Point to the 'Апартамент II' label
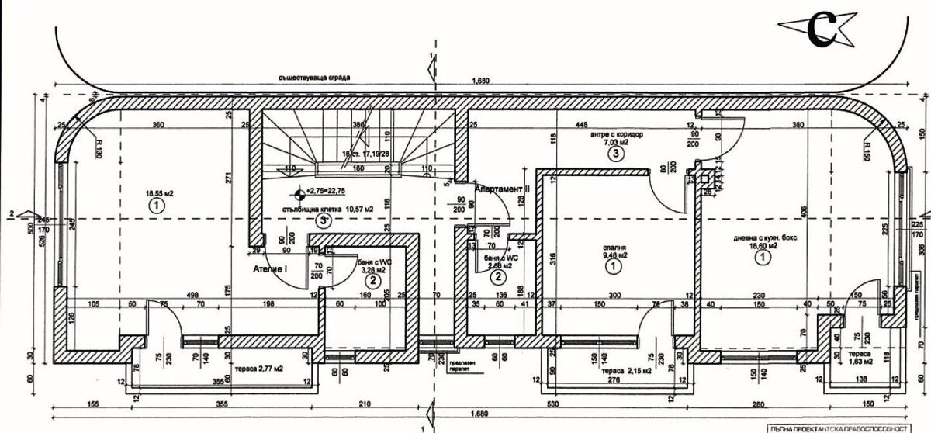502,187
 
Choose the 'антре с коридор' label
617,134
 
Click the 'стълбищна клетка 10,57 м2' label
324,209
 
